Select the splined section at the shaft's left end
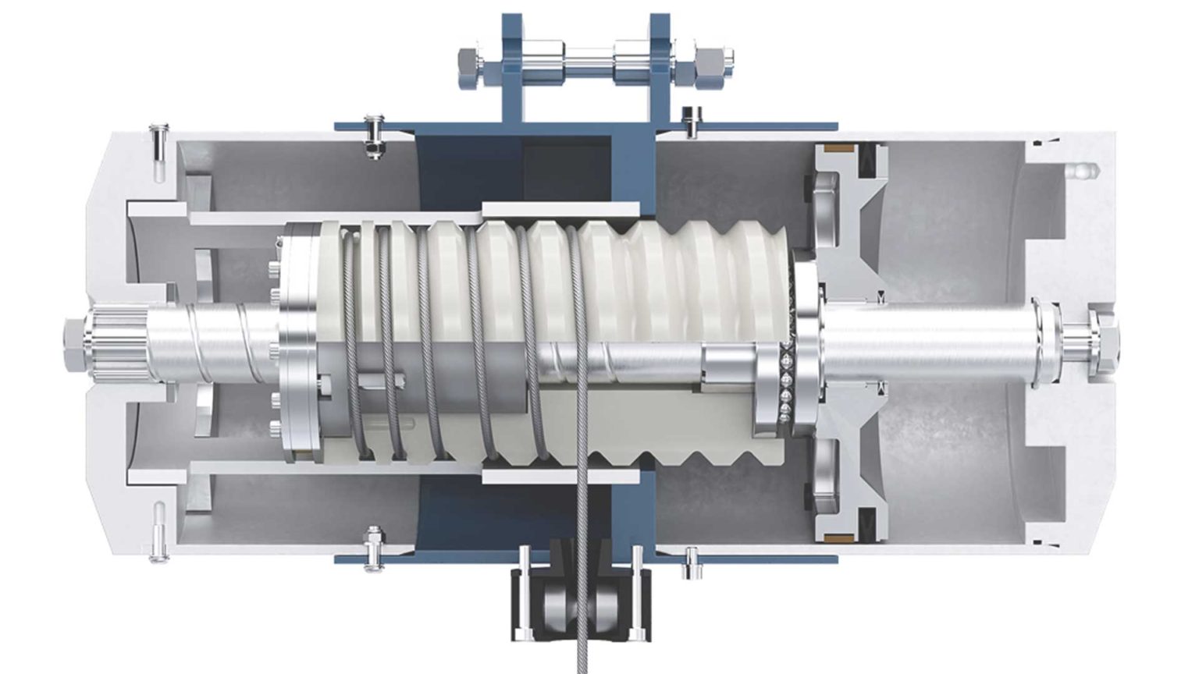tap(118, 343)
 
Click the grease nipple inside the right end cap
tap(1081, 168)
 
